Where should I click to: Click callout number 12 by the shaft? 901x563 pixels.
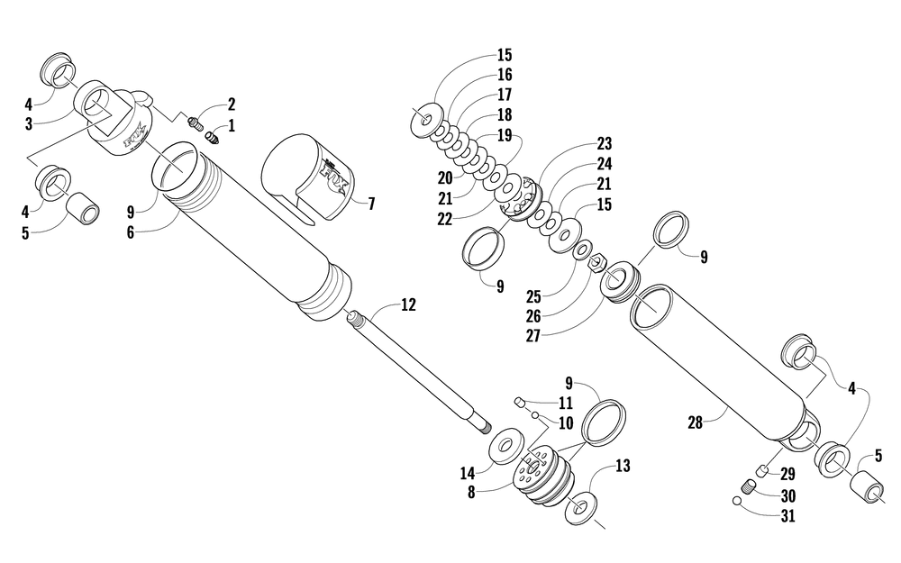point(408,305)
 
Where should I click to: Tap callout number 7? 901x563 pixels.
point(370,203)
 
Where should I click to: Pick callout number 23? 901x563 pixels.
point(604,143)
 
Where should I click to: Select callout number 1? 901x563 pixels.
point(232,126)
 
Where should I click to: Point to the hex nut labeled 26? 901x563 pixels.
point(596,264)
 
